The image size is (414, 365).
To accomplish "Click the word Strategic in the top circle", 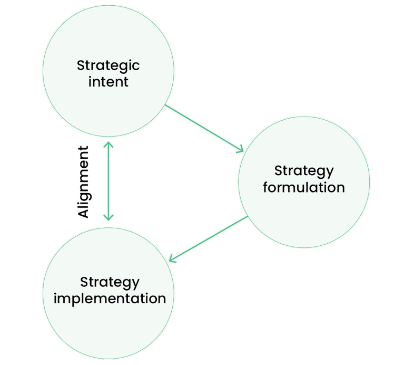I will (108, 66).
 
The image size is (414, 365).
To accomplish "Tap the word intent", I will (108, 82).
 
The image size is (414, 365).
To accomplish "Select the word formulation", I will (304, 187).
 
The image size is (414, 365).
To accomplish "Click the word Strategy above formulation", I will (304, 171).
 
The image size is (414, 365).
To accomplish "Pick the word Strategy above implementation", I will (110, 282).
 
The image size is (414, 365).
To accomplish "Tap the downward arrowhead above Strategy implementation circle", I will (108, 217).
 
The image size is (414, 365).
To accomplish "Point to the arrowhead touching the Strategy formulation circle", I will (240, 150).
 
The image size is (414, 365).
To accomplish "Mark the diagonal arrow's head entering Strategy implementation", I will (172, 259).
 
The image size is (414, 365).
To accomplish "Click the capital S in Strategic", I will (81, 66).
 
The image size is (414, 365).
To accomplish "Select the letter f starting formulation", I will (265, 187).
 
